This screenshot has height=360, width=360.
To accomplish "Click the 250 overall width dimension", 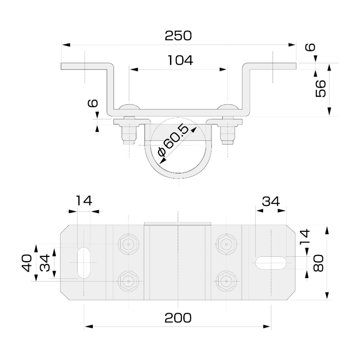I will tap(178, 36).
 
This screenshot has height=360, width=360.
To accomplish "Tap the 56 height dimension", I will tap(320, 88).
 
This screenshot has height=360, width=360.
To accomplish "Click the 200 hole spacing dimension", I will tap(178, 318).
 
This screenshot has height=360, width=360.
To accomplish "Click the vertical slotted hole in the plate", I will tap(84, 262).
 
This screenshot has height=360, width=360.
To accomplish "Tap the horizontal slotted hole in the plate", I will tap(271, 262).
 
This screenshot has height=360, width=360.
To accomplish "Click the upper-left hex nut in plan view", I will tap(128, 244).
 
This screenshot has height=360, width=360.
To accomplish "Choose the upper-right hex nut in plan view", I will tap(226, 244).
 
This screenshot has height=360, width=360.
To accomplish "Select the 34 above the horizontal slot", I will tap(271, 201).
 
